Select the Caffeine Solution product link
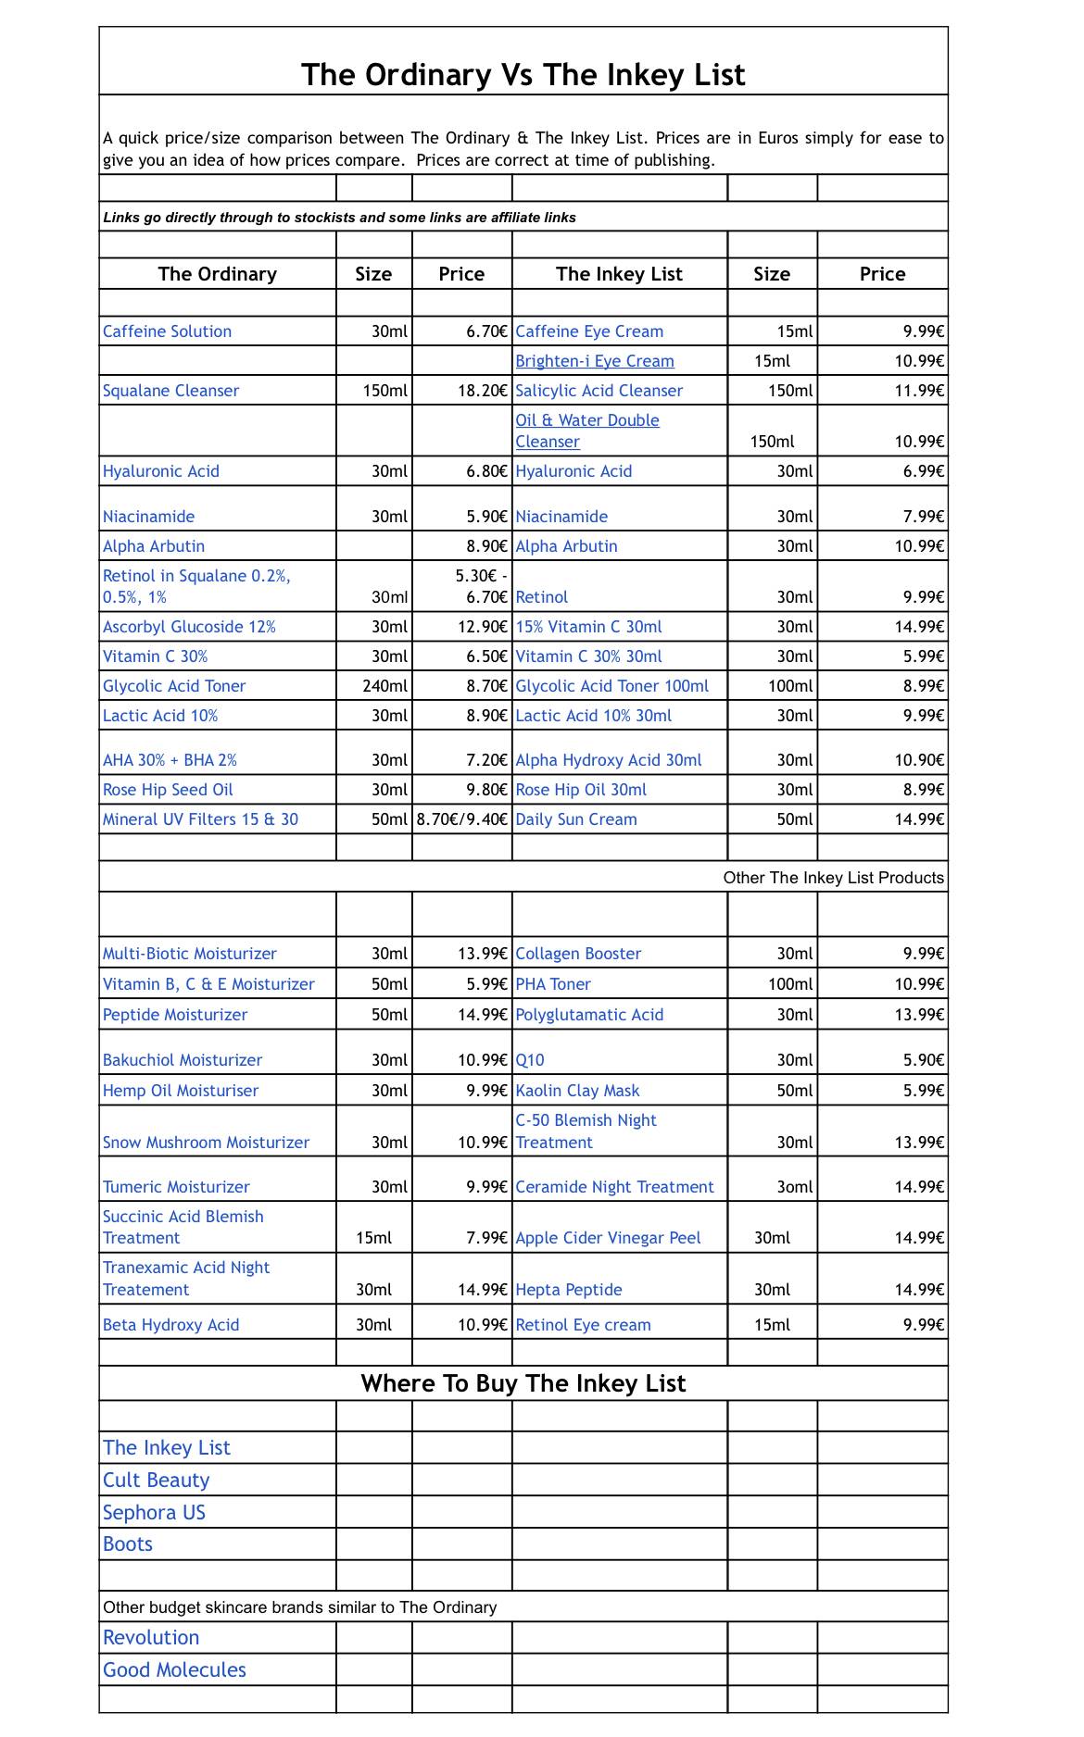167,331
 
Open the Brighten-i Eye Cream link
594,361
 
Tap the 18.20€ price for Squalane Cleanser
482,391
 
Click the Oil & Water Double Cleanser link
586,431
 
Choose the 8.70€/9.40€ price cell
461,819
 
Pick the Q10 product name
530,1060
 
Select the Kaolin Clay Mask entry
577,1091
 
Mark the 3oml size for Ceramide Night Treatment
794,1187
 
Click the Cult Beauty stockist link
156,1481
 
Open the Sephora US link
154,1513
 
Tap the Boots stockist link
128,1544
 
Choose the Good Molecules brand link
174,1670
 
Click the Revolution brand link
151,1638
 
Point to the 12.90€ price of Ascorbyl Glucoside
482,627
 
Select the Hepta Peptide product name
568,1290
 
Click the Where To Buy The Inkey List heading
523,1383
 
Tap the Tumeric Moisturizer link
176,1187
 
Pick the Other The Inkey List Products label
833,878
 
